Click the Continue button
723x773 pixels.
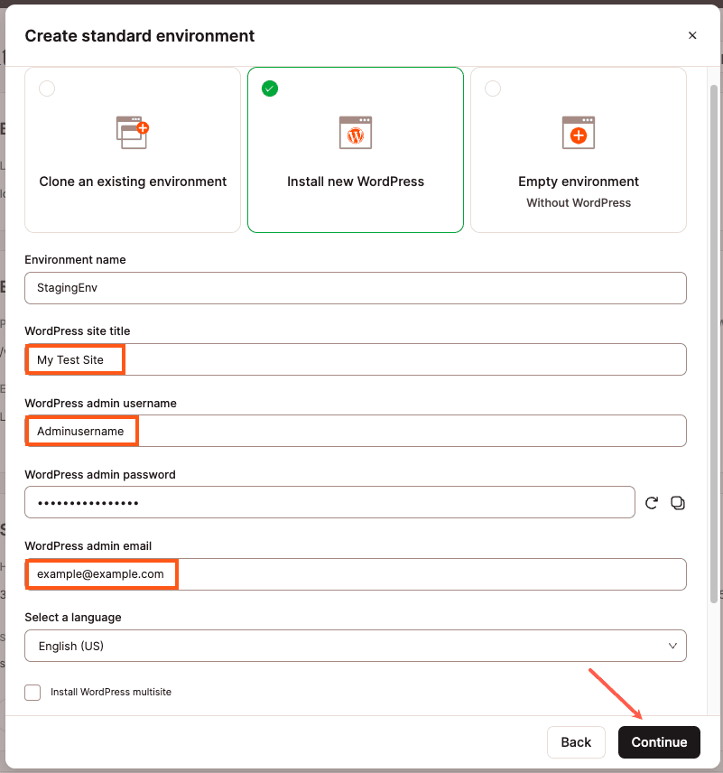pyautogui.click(x=659, y=742)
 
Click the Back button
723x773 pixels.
pyautogui.click(x=576, y=742)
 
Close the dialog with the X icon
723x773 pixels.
pyautogui.click(x=692, y=36)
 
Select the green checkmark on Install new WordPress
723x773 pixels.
pyautogui.click(x=270, y=88)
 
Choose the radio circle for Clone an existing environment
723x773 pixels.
pyautogui.click(x=47, y=88)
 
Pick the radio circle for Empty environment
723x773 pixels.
pyautogui.click(x=493, y=88)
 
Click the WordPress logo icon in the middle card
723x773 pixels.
pyautogui.click(x=356, y=133)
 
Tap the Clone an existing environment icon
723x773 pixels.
pyautogui.click(x=133, y=133)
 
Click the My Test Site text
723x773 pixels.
pyautogui.click(x=70, y=359)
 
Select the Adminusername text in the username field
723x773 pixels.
pyautogui.click(x=80, y=432)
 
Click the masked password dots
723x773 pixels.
pyautogui.click(x=88, y=503)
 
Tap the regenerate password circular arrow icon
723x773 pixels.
pyautogui.click(x=652, y=503)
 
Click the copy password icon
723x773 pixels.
pyautogui.click(x=678, y=503)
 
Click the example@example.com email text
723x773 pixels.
pyautogui.click(x=100, y=574)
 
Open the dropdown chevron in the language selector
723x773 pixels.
pyautogui.click(x=672, y=646)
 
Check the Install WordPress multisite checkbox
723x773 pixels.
pyautogui.click(x=32, y=693)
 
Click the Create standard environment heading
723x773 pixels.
pyautogui.click(x=140, y=36)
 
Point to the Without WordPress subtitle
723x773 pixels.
pyautogui.click(x=579, y=203)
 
